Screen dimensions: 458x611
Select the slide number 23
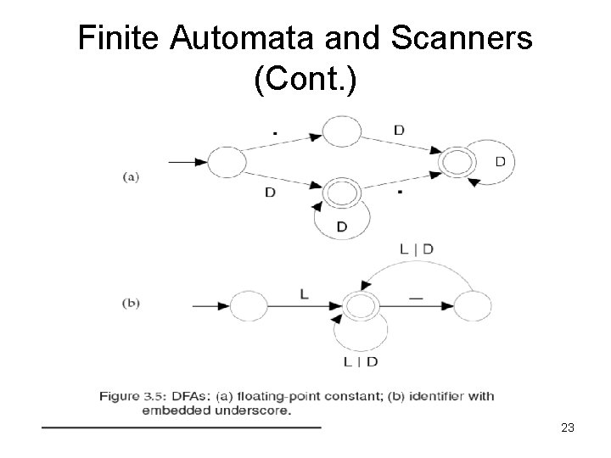click(x=568, y=427)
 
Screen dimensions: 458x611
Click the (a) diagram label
click(x=131, y=176)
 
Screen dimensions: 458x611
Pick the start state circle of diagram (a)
click(x=227, y=162)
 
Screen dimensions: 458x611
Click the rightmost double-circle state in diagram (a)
click(x=454, y=161)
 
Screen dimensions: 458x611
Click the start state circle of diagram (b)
click(x=249, y=305)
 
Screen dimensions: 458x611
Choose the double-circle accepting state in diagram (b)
click(x=362, y=305)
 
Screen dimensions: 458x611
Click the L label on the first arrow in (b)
click(x=304, y=293)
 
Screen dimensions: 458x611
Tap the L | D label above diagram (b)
click(x=415, y=249)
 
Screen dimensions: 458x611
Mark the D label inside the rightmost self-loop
click(x=500, y=161)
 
